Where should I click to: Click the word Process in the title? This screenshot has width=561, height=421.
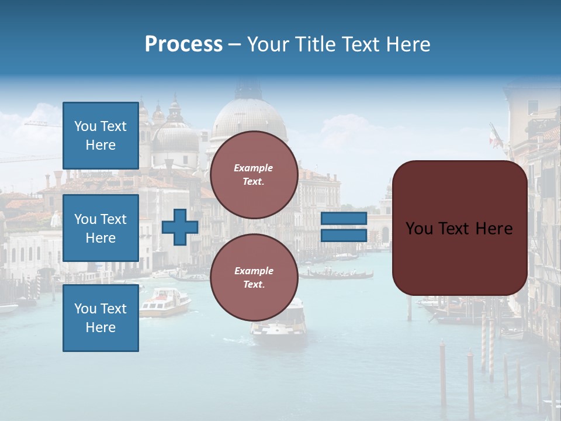183,44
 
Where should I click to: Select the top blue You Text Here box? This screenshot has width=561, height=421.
101,136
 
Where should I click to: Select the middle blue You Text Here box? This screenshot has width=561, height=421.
101,228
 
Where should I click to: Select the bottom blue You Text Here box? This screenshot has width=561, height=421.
101,318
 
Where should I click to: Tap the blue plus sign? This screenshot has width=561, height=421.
180,227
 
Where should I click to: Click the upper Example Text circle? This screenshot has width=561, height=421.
254,175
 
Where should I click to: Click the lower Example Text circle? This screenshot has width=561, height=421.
254,278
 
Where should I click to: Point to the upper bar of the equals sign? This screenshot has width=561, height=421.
344,219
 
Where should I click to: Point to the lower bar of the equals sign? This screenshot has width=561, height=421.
344,235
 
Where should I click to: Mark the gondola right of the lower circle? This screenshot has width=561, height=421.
339,274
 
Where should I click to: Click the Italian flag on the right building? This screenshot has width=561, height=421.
495,136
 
